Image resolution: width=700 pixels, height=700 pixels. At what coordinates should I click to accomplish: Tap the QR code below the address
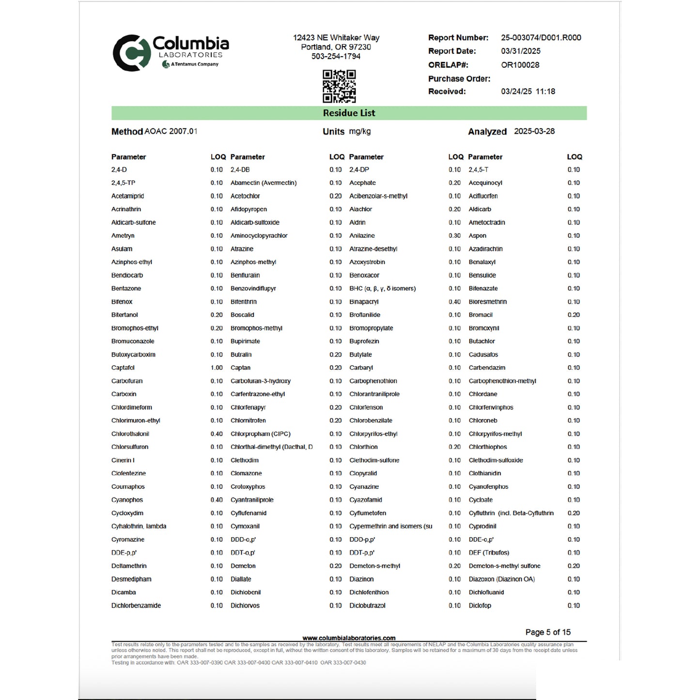pos(339,86)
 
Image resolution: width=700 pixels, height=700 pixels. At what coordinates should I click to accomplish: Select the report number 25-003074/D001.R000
pos(541,38)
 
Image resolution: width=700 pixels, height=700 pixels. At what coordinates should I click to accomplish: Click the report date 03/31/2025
pos(520,51)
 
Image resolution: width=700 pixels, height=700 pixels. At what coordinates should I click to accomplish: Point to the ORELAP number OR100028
pos(520,65)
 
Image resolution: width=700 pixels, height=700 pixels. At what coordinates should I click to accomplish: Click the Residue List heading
pos(349,113)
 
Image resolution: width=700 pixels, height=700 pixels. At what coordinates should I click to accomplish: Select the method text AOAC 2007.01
pos(171,131)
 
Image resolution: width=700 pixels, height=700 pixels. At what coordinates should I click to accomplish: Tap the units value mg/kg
pos(359,131)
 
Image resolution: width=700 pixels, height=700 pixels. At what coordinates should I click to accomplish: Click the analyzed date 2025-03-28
pos(534,131)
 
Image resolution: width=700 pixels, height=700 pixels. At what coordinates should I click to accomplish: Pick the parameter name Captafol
pos(123,368)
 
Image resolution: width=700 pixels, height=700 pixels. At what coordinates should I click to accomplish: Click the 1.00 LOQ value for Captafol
pos(217,368)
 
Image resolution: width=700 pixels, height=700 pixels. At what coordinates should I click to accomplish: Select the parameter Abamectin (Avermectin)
pos(263,183)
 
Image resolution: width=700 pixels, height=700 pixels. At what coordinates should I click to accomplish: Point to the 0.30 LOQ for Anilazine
pos(454,235)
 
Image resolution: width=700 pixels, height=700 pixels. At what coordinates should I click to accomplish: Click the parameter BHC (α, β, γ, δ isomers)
pos(382,288)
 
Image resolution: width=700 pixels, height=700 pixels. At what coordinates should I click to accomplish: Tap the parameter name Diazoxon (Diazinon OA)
pos(501,579)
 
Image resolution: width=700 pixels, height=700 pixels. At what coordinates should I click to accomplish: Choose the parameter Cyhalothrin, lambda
pos(139,526)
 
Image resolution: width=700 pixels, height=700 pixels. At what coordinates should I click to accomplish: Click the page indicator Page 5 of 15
pos(547,632)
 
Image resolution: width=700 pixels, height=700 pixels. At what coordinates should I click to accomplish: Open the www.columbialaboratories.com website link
pos(349,638)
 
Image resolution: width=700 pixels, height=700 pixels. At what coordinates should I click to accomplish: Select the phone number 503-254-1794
pos(336,56)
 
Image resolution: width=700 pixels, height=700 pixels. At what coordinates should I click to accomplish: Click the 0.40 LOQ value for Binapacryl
pos(454,302)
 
